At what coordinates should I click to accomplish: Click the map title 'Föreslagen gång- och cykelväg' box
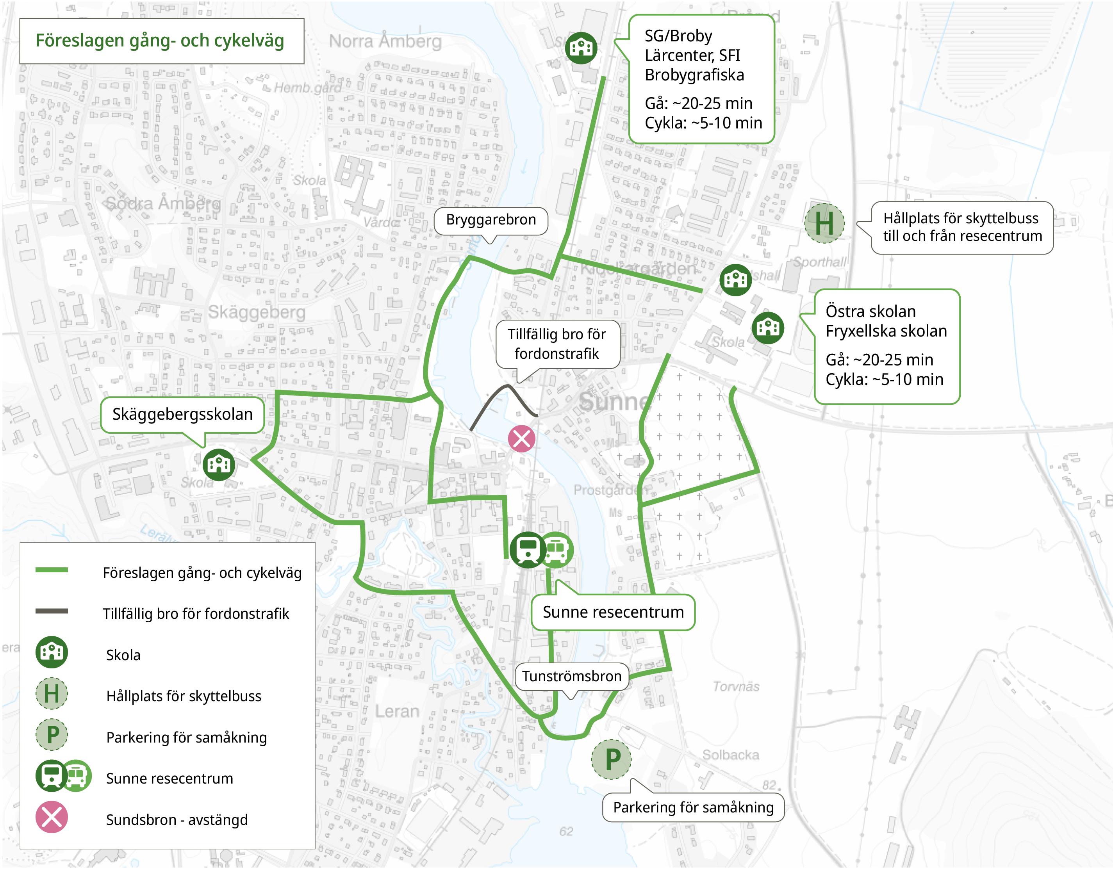(x=161, y=41)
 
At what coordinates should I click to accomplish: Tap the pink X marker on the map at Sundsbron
(x=521, y=438)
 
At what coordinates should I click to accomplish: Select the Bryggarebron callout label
(x=491, y=220)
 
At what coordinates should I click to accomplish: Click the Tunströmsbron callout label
(x=571, y=677)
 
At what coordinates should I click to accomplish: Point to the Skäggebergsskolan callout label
(x=182, y=415)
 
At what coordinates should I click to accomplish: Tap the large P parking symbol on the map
(x=611, y=759)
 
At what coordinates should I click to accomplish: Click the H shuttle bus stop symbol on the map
(x=824, y=223)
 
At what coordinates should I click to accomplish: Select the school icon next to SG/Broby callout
(x=581, y=48)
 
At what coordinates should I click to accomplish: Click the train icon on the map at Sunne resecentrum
(x=527, y=550)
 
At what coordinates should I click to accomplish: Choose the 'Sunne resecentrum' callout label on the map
(x=613, y=612)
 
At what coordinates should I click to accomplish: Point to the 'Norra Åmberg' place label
(x=385, y=41)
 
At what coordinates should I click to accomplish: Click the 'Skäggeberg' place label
(x=257, y=312)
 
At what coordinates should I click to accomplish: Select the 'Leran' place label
(x=397, y=711)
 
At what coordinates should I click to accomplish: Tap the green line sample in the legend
(x=52, y=570)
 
